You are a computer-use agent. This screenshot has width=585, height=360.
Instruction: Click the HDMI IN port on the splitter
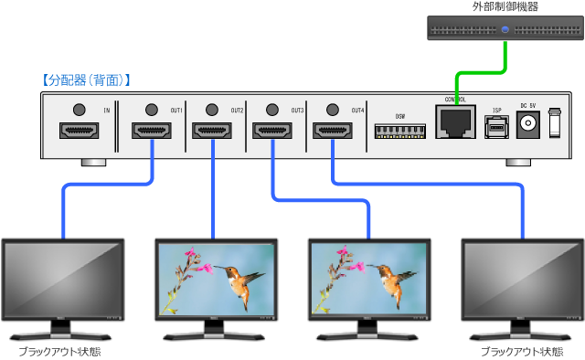(79, 131)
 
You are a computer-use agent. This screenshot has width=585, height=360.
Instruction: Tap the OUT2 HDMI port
(212, 131)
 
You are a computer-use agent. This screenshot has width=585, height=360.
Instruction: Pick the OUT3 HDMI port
(272, 131)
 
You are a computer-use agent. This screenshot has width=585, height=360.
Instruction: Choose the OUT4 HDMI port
(332, 131)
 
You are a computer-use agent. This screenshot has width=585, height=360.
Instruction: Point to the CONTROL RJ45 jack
(454, 122)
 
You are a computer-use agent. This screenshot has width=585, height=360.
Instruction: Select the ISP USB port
(496, 127)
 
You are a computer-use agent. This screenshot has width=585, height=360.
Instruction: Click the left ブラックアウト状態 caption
(61, 351)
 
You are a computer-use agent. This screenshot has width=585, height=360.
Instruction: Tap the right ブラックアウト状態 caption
(521, 351)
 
